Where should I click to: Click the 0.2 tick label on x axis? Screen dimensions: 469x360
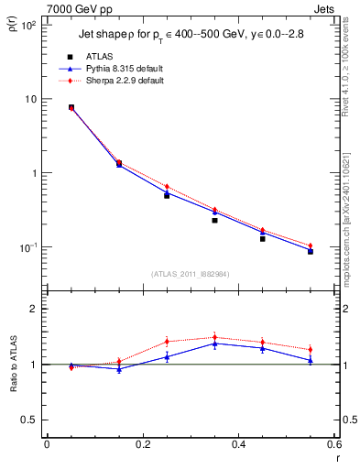(x=142, y=445)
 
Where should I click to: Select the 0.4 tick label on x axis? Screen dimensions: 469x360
(x=238, y=445)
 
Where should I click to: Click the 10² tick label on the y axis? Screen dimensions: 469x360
(x=28, y=26)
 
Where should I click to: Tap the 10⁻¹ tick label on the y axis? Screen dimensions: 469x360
(x=28, y=247)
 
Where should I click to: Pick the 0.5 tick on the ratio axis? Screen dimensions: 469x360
(x=30, y=420)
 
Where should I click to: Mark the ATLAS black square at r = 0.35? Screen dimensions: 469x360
(x=214, y=220)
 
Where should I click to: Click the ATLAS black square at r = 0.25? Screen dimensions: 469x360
(x=167, y=195)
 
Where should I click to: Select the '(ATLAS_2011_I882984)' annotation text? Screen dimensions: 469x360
(x=190, y=274)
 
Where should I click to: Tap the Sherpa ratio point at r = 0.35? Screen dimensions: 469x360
(x=214, y=337)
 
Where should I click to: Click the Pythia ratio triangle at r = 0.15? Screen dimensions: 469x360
(x=119, y=369)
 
